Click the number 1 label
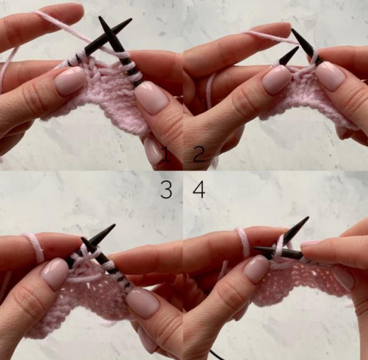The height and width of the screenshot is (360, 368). (x=166, y=154)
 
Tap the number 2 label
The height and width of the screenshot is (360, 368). (x=198, y=154)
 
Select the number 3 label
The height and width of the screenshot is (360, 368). (x=166, y=190)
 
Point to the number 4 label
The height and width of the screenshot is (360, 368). (x=199, y=190)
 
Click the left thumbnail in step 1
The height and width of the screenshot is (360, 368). (x=70, y=80)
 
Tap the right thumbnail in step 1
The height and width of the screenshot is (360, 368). (x=152, y=99)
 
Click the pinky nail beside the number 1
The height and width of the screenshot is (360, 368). (x=153, y=150)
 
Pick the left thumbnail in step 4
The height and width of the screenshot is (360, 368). (x=256, y=269)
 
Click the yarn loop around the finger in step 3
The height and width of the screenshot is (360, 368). (x=35, y=247)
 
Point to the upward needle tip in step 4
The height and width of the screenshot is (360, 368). (x=307, y=217)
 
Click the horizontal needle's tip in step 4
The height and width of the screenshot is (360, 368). (x=254, y=248)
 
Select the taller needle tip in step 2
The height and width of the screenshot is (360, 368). (x=292, y=29)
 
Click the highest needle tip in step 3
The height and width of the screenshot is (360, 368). (x=114, y=225)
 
